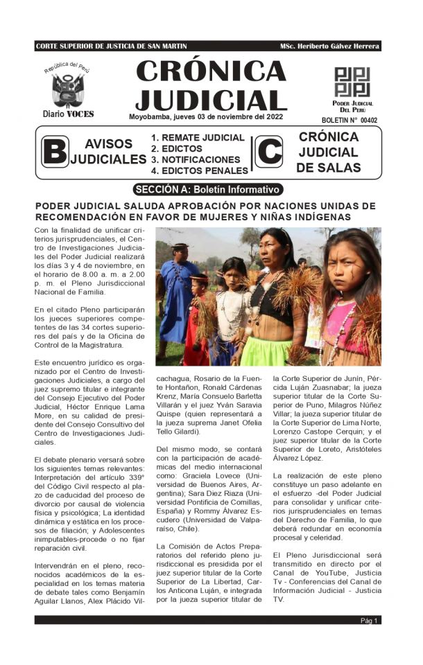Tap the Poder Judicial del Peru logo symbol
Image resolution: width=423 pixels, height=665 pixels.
[352, 82]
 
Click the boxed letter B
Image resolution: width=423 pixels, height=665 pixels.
[55, 152]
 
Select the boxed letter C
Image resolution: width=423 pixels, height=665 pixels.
[269, 152]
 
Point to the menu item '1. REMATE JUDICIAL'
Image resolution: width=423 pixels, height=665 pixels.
[198, 138]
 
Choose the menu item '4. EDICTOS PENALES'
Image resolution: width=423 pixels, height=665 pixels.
[200, 170]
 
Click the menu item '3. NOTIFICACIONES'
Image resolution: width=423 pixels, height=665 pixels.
[196, 159]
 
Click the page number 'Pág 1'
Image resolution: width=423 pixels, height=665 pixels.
[370, 621]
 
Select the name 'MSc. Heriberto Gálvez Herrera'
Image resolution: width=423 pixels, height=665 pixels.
[329, 46]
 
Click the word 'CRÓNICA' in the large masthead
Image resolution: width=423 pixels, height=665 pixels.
[211, 71]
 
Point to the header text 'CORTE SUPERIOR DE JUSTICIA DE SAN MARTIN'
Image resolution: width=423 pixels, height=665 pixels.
[110, 46]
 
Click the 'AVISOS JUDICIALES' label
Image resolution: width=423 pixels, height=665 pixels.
[108, 152]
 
